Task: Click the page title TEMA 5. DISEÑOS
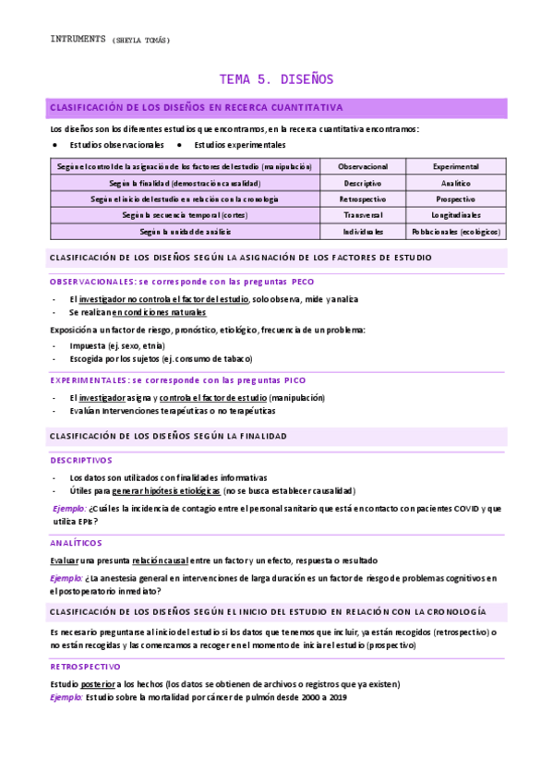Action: pyautogui.click(x=276, y=79)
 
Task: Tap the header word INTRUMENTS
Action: pyautogui.click(x=78, y=40)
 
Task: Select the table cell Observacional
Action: pyautogui.click(x=364, y=166)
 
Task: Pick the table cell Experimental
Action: pyautogui.click(x=456, y=166)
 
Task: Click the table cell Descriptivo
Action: pyautogui.click(x=364, y=183)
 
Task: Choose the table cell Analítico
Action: pyautogui.click(x=456, y=183)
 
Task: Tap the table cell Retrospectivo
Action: pyautogui.click(x=364, y=199)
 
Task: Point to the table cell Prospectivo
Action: pyautogui.click(x=456, y=199)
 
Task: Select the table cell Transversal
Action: pyautogui.click(x=364, y=215)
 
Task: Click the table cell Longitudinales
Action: pyautogui.click(x=456, y=215)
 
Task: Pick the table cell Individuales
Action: pyautogui.click(x=364, y=231)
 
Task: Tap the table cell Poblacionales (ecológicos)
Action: pyautogui.click(x=456, y=231)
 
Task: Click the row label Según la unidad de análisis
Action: pyautogui.click(x=185, y=231)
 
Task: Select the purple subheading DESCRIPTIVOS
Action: pyautogui.click(x=80, y=460)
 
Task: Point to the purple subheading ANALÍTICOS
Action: pyautogui.click(x=76, y=543)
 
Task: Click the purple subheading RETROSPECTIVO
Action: pyautogui.click(x=85, y=666)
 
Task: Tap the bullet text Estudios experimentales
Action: pyautogui.click(x=239, y=145)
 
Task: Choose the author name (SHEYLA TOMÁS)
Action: pyautogui.click(x=141, y=41)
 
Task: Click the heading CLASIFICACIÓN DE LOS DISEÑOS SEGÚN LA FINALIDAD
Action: pyautogui.click(x=168, y=436)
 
